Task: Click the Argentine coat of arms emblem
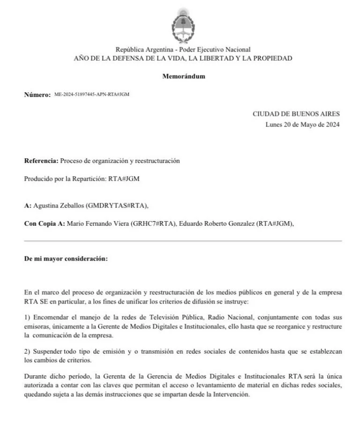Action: point(183,25)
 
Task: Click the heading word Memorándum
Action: point(183,76)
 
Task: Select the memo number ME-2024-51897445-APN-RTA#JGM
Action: point(92,94)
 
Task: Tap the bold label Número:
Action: point(37,95)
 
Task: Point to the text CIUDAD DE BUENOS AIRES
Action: point(296,114)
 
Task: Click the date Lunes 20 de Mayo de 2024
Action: point(302,125)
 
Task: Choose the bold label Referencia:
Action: point(41,161)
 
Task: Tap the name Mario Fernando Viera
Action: point(96,223)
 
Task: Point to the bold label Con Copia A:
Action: point(45,223)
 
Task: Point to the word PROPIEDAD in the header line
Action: point(272,59)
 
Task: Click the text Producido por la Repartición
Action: point(62,178)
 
